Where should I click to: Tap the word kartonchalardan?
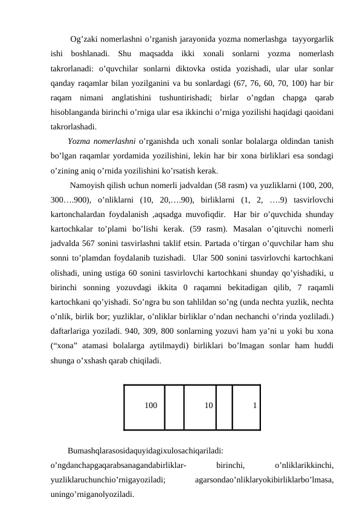click(79, 214)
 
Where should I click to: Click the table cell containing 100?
click(144, 407)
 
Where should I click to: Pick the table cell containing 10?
click(200, 407)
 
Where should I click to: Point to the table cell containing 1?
click(246, 407)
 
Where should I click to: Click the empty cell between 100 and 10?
click(175, 407)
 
